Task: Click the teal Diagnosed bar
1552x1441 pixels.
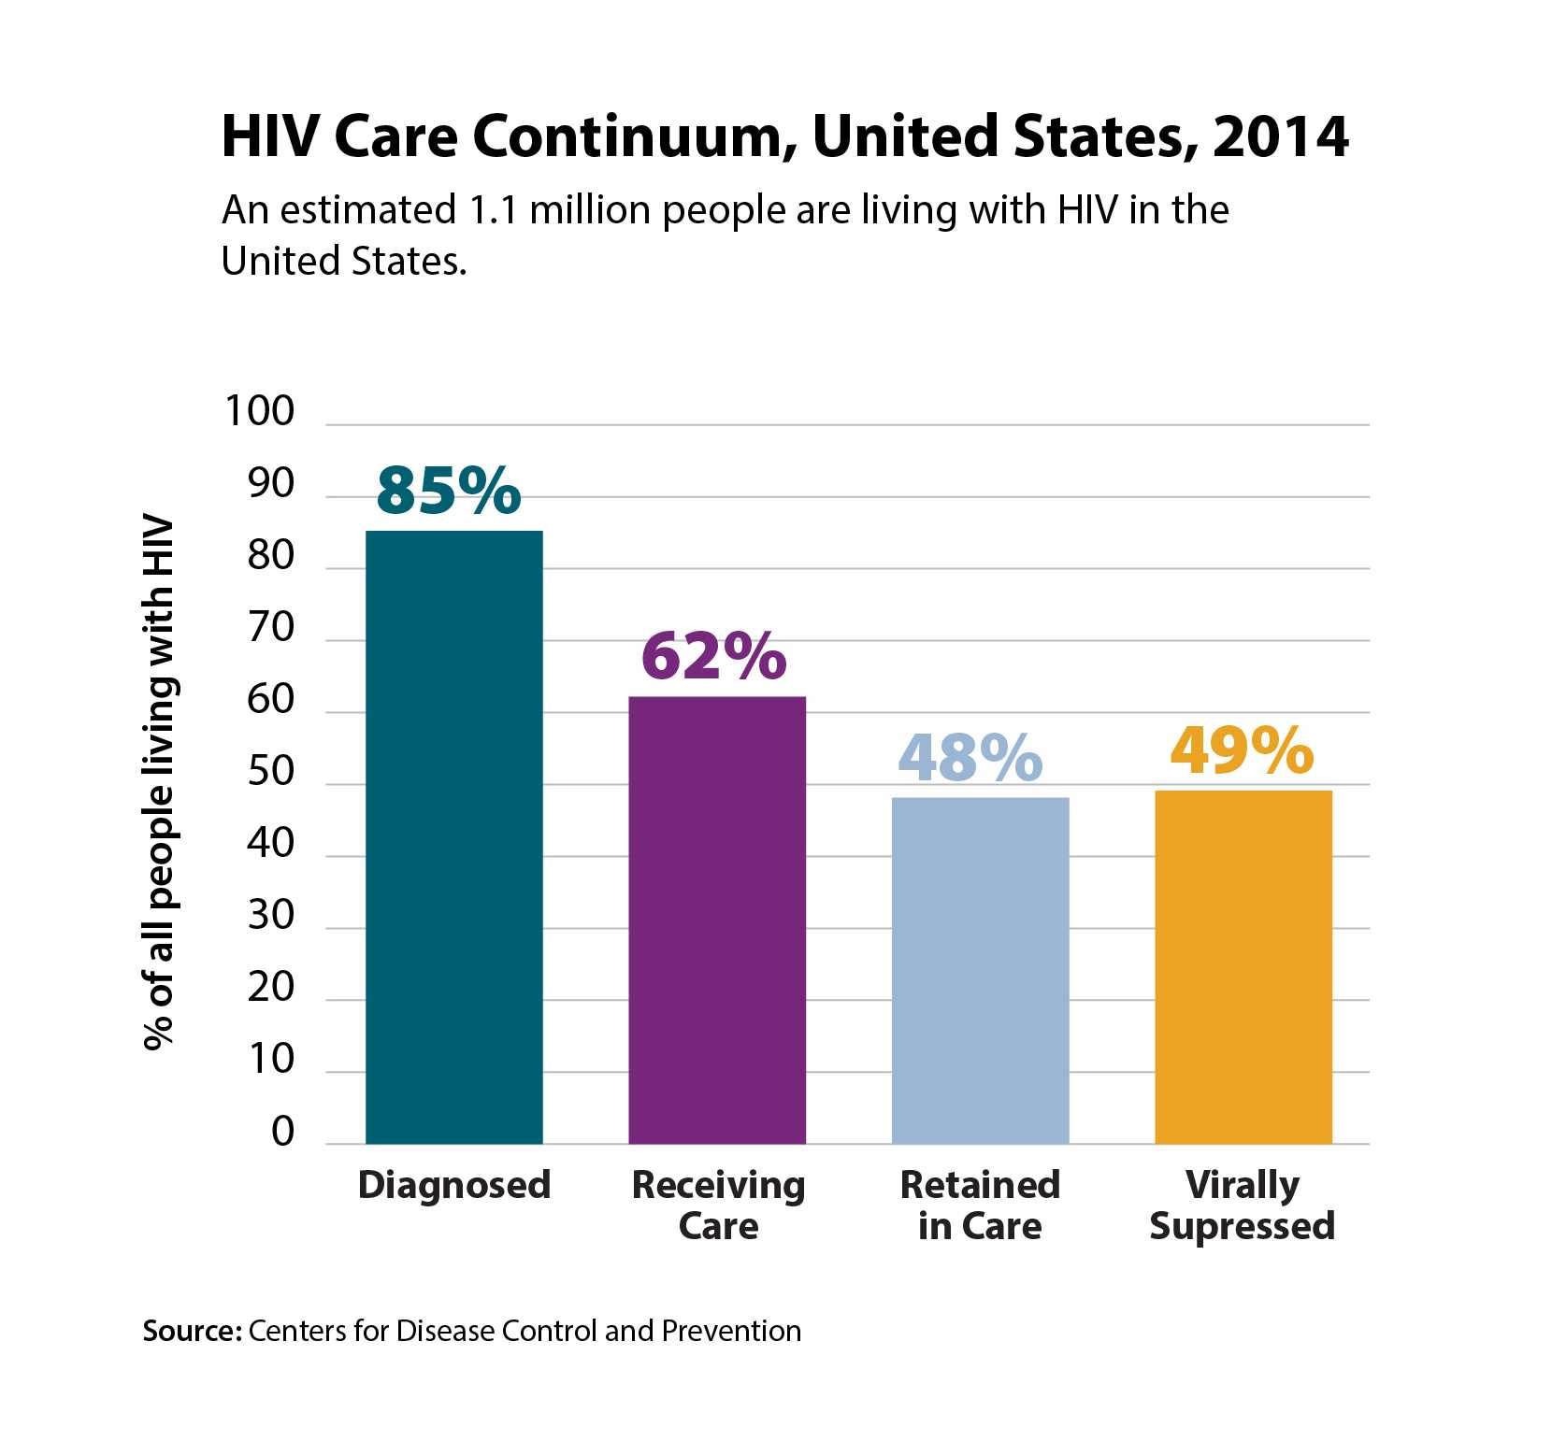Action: click(x=453, y=836)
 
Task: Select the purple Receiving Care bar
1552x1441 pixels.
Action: click(x=716, y=920)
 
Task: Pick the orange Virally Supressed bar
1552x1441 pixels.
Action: click(x=1243, y=966)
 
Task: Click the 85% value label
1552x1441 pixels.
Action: click(x=448, y=490)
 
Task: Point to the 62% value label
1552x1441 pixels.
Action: click(x=713, y=655)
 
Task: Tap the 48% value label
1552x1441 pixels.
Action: click(x=970, y=756)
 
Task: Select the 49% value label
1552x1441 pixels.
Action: click(x=1242, y=749)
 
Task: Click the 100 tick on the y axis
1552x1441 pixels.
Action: click(x=259, y=411)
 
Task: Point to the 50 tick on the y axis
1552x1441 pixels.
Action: click(x=270, y=771)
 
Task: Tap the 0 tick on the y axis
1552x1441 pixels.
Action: click(x=282, y=1132)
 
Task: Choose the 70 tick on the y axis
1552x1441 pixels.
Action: click(x=270, y=627)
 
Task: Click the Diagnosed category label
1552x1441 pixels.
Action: click(x=453, y=1185)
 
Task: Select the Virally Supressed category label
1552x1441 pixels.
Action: click(x=1242, y=1206)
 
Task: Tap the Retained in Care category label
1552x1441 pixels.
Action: click(x=980, y=1206)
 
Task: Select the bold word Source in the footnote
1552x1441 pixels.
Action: click(x=192, y=1331)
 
